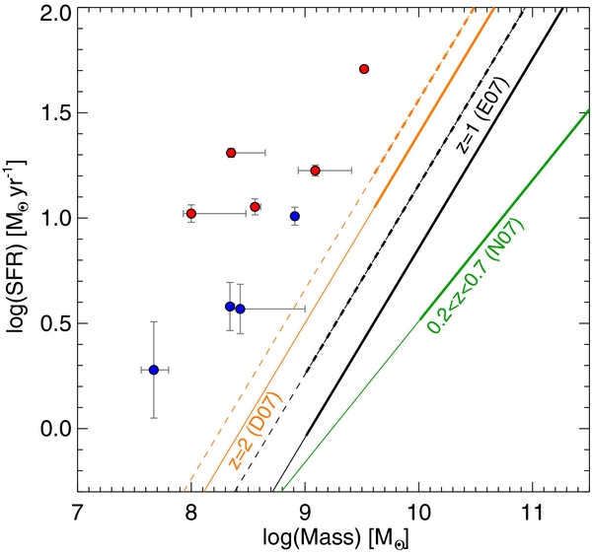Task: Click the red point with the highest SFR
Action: (364, 69)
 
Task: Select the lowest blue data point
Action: (154, 370)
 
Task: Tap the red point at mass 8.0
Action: (191, 214)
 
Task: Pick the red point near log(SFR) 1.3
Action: (231, 153)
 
